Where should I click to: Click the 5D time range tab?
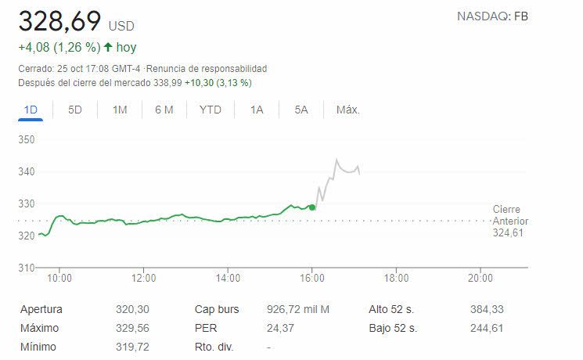(75, 110)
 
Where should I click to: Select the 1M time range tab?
(120, 110)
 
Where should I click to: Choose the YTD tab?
(210, 110)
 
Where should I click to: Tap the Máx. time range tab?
(347, 110)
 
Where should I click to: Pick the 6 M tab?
(164, 110)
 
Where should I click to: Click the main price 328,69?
(60, 21)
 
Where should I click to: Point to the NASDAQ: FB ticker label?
(492, 16)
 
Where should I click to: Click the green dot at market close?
(312, 207)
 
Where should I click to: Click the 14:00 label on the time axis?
(228, 277)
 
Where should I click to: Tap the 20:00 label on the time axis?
(480, 277)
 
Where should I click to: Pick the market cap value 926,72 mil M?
(298, 309)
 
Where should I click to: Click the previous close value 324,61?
(510, 232)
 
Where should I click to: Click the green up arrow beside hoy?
(107, 48)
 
